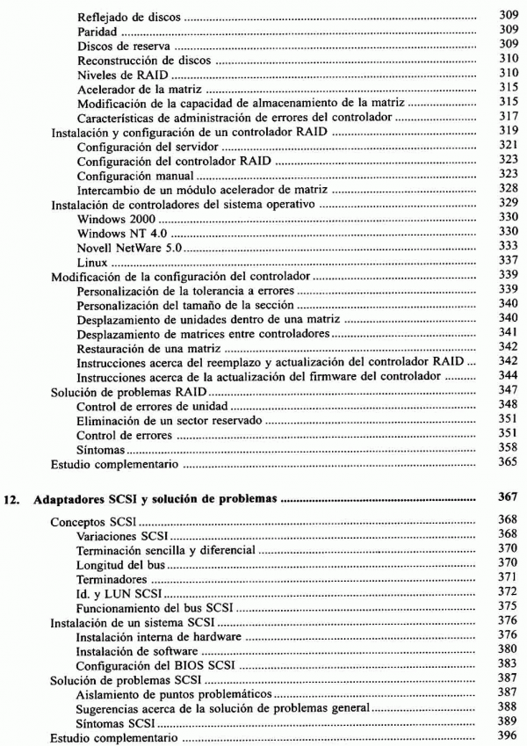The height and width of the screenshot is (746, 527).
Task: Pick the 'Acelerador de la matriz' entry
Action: click(134, 90)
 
